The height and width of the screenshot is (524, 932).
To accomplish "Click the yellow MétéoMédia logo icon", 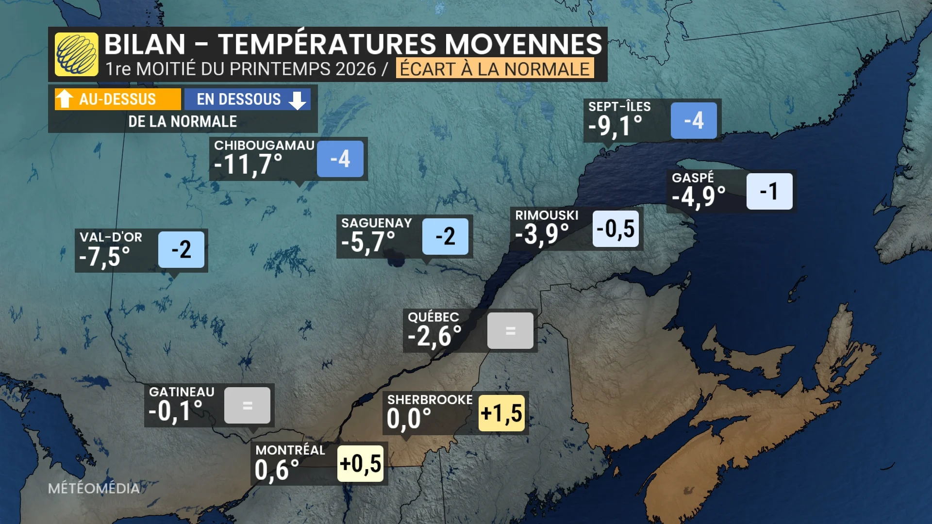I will point(76,54).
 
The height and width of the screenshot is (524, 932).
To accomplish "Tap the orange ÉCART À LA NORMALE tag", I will point(495,69).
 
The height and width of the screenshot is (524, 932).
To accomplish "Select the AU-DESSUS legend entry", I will point(117,99).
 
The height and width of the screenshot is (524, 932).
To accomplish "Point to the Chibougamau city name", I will point(264,145).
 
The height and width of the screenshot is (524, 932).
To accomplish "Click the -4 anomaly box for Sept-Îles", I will point(694,120).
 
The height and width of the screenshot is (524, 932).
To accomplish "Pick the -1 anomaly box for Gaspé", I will point(769,191).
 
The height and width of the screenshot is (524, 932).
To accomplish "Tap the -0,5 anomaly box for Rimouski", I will point(616,229).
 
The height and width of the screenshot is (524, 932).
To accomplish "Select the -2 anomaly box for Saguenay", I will point(445,236).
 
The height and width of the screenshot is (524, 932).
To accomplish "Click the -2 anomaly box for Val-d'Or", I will point(181,249).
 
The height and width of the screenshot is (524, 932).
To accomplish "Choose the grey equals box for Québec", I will point(510,331).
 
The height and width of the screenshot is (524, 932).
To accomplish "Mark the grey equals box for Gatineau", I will point(247,406).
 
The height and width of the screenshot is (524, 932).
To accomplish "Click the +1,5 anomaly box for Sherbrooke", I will point(501,413).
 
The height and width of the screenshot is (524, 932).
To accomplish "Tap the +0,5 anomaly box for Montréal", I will point(360,464).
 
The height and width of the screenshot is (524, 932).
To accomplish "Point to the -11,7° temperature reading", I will point(248,164).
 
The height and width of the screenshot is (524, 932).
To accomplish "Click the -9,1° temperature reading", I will point(615,126).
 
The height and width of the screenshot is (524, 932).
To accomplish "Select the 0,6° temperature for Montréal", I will point(277,470).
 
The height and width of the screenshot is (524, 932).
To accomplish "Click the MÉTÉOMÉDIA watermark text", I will point(94,488).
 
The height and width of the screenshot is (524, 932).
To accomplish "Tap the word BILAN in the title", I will point(145,44).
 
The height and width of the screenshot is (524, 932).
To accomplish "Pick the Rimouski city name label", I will point(547,215).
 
